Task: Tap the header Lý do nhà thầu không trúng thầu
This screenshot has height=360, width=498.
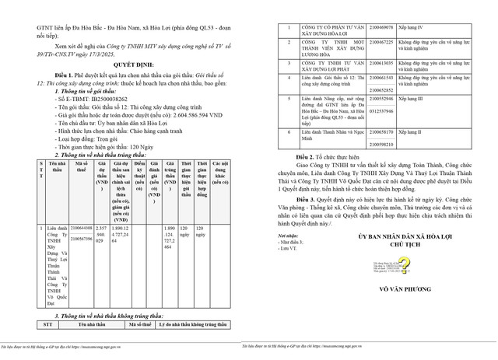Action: (x=193, y=326)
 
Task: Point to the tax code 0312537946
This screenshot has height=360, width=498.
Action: (x=382, y=110)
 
